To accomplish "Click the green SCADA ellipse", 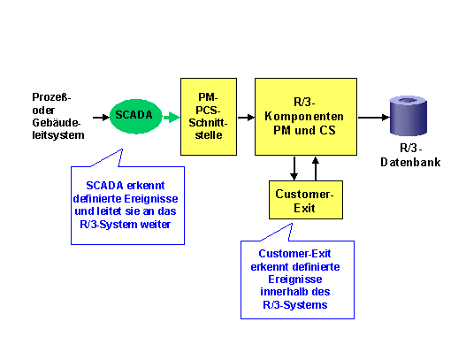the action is (136, 116).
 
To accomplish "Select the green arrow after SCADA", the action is (172, 117).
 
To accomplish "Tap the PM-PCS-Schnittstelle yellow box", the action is (209, 117).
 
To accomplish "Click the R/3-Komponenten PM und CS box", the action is (306, 117).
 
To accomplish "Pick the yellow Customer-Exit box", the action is (306, 200).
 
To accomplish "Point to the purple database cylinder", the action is (409, 115).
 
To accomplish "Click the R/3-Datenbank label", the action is (410, 155).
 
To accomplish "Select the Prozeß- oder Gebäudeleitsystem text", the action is (58, 116).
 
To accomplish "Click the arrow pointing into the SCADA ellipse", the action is (101, 118).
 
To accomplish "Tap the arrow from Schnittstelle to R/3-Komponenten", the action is (246, 118).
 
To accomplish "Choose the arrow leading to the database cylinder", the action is (374, 118).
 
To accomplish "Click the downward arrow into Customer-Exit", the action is (294, 168).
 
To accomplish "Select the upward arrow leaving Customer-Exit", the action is (316, 168).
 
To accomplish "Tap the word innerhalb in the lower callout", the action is (279, 292).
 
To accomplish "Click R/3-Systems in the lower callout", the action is (295, 305).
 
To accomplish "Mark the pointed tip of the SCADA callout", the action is (122, 149).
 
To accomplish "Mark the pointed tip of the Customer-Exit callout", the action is (292, 224).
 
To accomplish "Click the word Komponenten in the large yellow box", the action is (304, 116).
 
